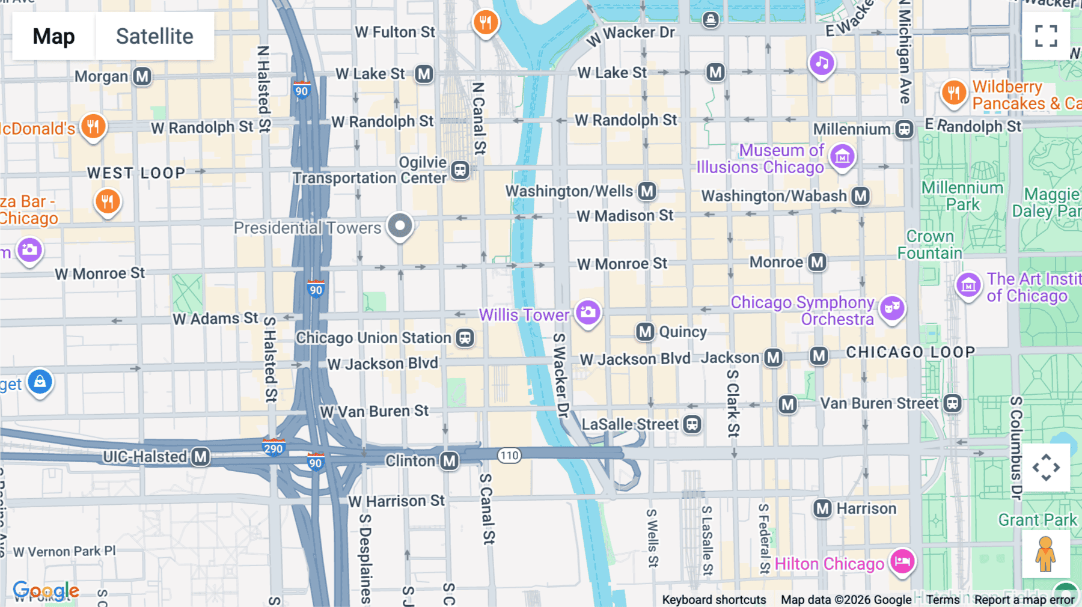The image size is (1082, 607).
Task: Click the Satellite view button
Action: point(154,36)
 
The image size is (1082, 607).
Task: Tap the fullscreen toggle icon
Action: point(1046,36)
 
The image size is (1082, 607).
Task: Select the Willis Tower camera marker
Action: point(588,311)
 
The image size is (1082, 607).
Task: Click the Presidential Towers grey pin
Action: point(400,226)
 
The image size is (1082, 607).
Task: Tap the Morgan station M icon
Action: point(142,76)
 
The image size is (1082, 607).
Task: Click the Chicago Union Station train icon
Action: point(465,338)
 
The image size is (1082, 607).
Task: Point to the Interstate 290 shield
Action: point(273,448)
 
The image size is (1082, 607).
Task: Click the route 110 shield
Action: point(509,455)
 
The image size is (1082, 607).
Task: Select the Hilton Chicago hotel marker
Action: point(902,562)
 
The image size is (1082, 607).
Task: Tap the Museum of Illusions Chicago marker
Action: point(842,156)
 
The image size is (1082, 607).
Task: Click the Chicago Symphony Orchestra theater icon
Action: point(892,308)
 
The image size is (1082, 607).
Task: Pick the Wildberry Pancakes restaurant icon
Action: point(954,93)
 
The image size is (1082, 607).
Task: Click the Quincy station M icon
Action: point(645,331)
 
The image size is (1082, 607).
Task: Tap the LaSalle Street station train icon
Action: point(692,424)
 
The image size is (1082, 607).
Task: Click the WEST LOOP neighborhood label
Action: point(136,173)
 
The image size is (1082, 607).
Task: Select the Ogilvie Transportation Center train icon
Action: point(460,170)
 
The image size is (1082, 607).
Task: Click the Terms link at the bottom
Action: point(943,599)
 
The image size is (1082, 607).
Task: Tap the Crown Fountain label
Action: point(930,245)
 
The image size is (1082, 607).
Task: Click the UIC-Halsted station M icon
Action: point(201,457)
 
